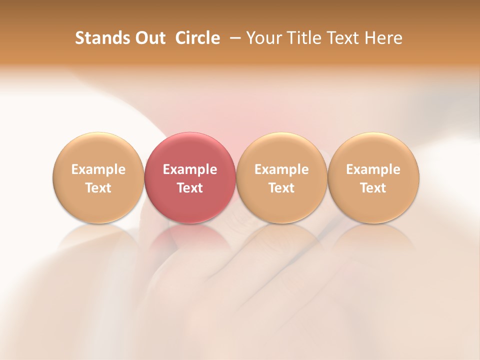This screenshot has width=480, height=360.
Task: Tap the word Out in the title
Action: point(148,38)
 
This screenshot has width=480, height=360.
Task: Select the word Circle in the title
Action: point(197,38)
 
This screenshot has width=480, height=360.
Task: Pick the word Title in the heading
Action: point(302,38)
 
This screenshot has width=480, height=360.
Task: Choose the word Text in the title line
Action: point(342,38)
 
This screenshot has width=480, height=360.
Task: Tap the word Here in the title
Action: point(382,38)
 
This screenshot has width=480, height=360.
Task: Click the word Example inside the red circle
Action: point(190,169)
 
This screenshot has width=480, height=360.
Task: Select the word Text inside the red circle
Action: point(190,188)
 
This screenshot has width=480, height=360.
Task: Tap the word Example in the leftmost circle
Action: point(98,169)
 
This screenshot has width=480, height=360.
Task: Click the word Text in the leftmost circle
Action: point(98,188)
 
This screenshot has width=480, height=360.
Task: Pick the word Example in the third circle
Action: point(281,169)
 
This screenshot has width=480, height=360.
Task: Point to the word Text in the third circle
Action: point(281,188)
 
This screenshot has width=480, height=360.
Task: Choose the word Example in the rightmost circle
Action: point(373,169)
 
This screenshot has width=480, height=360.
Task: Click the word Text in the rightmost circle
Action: point(373,188)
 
